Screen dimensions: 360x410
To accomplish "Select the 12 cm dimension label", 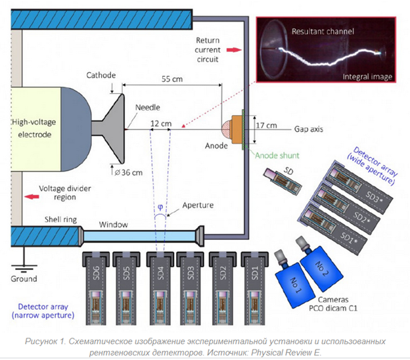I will pos(160,123).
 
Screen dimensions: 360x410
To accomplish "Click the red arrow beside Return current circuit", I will pos(233,49).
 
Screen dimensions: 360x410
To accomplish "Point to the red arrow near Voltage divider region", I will pos(30,196).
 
